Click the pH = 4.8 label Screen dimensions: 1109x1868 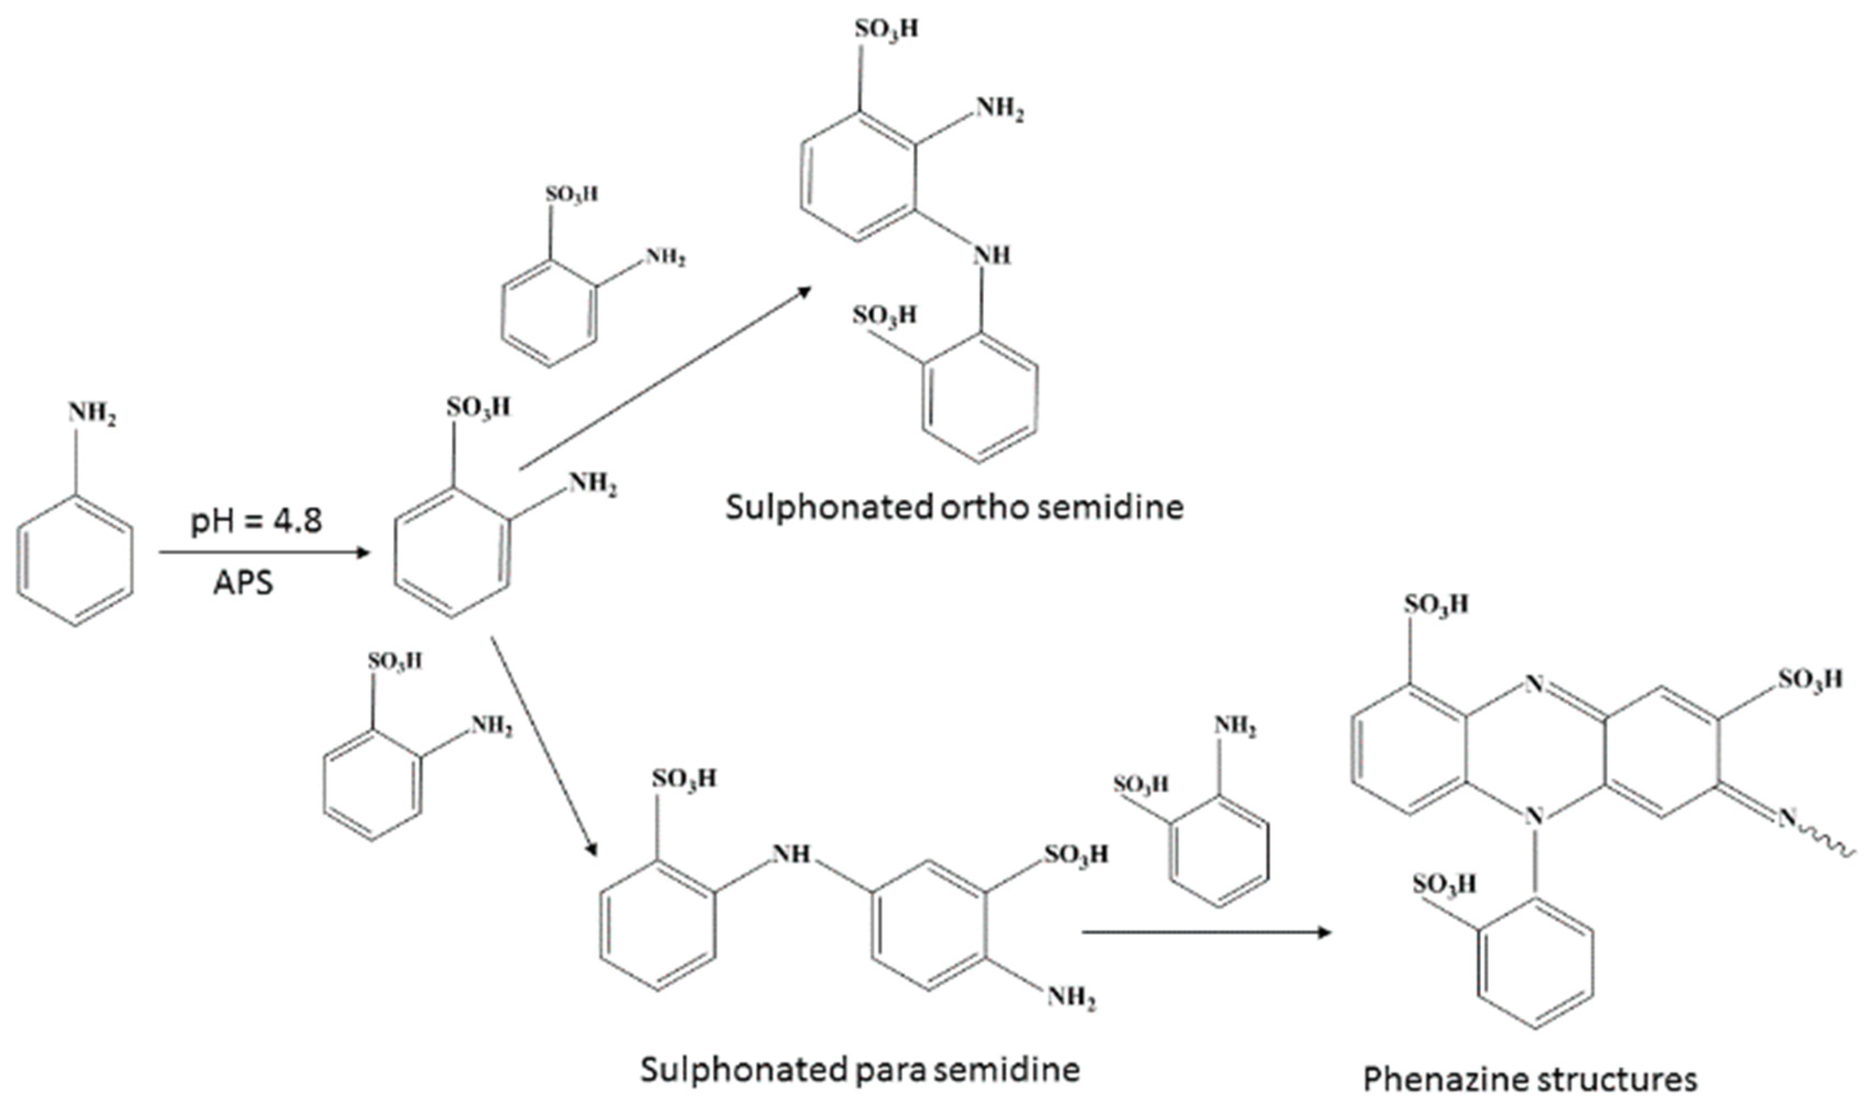[256, 521]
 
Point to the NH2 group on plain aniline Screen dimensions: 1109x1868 [92, 414]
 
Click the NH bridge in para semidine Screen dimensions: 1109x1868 [792, 853]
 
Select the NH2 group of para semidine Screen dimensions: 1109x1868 [1071, 998]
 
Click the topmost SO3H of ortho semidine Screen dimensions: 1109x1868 [887, 30]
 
